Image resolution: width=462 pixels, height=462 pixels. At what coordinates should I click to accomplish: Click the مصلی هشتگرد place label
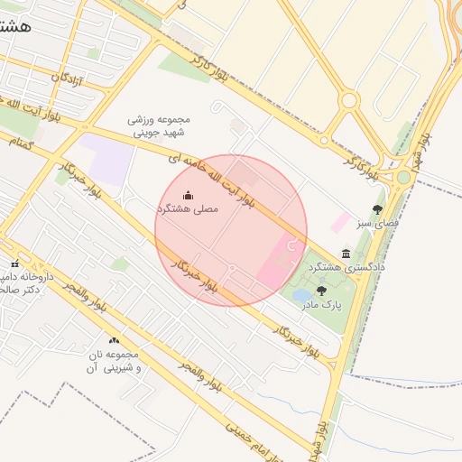189,208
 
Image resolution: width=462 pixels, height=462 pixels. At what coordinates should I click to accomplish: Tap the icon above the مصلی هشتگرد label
188,195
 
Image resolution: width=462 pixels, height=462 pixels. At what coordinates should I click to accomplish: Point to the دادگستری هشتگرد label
346,268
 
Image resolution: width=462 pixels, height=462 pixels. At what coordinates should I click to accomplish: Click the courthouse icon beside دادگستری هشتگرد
346,254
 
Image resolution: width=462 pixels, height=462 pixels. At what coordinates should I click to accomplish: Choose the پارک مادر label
325,305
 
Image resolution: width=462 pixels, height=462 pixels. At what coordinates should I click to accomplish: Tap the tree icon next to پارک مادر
321,291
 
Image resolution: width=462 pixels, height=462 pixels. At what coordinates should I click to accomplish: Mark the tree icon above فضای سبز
377,208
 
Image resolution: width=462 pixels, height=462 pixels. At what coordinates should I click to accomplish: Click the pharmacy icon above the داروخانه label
14,263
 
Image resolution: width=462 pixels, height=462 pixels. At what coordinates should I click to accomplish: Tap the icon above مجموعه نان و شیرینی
114,340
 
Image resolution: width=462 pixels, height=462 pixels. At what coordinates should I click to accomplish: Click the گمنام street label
21,143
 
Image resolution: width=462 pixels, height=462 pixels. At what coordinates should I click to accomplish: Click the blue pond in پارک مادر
302,295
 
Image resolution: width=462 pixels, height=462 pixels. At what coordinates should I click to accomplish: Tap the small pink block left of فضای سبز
341,220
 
